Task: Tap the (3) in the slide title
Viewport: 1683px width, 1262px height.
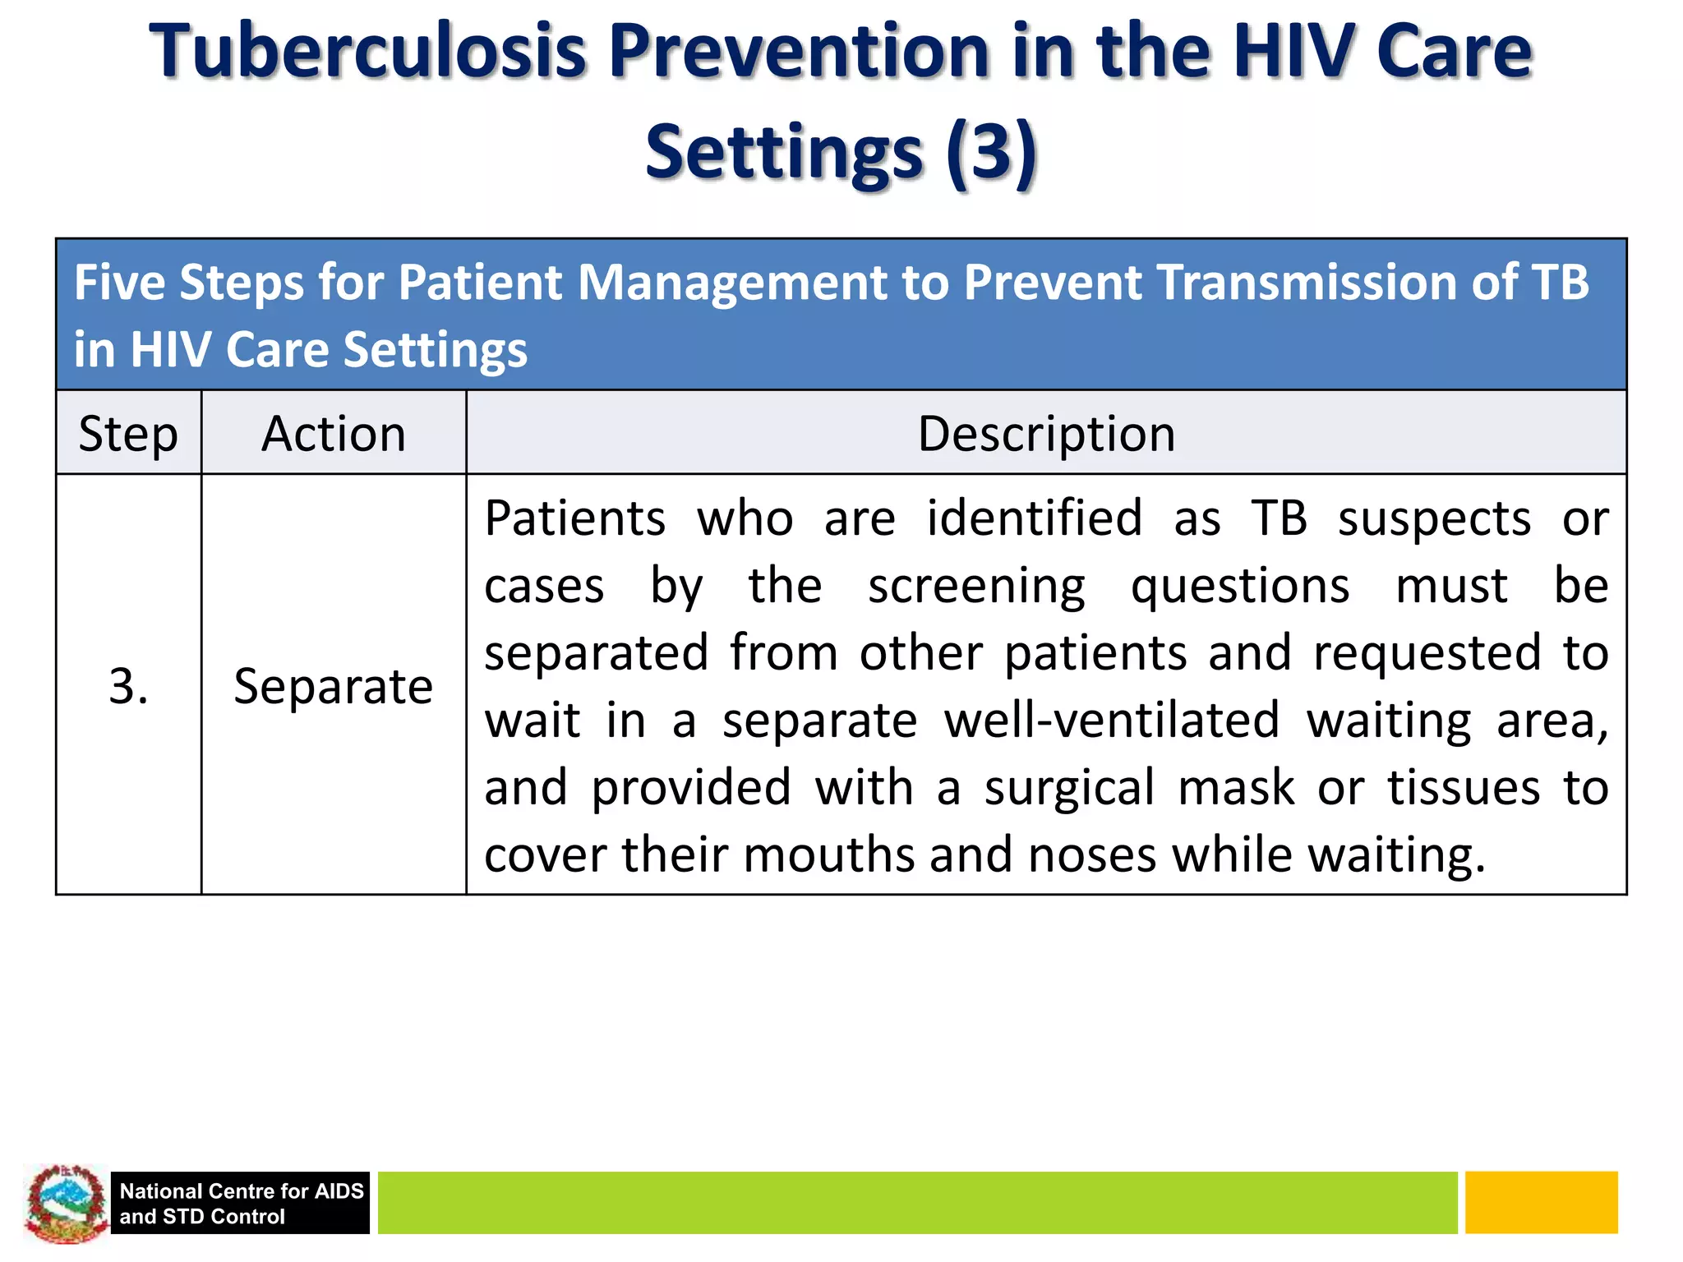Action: click(991, 152)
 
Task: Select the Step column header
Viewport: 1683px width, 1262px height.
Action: click(128, 434)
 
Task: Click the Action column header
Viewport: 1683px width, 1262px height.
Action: click(334, 434)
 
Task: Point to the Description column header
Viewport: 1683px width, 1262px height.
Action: click(1046, 434)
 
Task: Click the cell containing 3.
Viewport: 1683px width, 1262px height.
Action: click(128, 686)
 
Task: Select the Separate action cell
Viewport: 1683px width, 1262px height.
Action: click(334, 686)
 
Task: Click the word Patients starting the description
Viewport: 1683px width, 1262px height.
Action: click(574, 519)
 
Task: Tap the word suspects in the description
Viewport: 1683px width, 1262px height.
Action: click(1434, 519)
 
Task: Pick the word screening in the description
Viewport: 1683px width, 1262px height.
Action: click(976, 587)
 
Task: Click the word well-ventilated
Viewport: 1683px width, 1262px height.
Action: click(1112, 721)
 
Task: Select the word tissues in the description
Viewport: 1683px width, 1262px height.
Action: click(1464, 788)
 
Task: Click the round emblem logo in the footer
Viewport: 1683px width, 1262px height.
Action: click(66, 1203)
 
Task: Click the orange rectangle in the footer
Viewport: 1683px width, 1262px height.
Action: click(1541, 1203)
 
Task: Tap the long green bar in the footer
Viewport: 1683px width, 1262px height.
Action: click(916, 1203)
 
